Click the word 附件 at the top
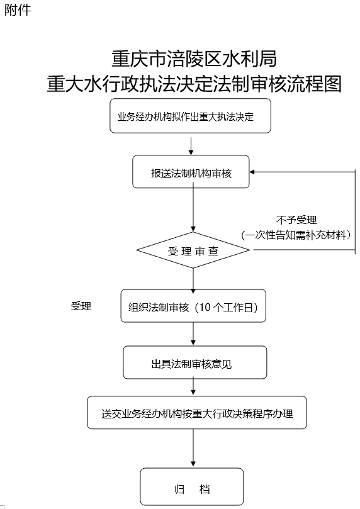(18, 9)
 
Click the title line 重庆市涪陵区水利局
(194, 59)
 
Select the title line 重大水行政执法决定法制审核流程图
(194, 84)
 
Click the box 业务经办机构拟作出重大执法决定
(190, 116)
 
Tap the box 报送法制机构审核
(191, 172)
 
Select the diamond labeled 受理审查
(193, 250)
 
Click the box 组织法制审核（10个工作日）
(193, 306)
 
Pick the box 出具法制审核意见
(194, 362)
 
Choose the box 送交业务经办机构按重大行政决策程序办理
(197, 413)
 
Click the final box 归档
(192, 486)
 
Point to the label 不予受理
(296, 220)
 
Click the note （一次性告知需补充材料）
(296, 235)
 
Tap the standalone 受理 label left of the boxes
(81, 306)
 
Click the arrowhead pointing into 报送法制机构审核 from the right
(252, 172)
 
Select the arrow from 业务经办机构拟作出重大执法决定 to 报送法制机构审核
(191, 146)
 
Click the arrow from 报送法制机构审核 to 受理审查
(193, 207)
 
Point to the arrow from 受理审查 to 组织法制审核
(193, 279)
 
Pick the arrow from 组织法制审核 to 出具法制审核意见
(193, 333)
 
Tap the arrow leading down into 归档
(193, 449)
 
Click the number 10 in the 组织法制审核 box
(205, 307)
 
